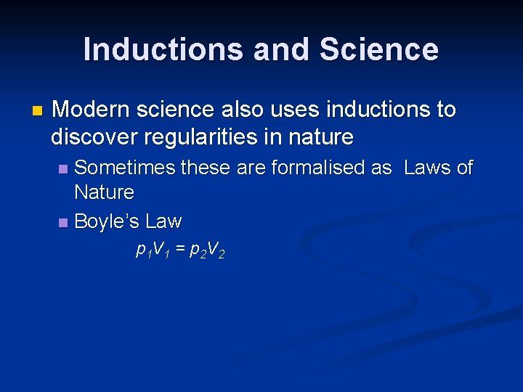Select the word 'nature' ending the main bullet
click(x=321, y=136)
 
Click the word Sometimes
click(x=126, y=168)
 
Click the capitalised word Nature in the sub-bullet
click(x=104, y=192)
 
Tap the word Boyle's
click(x=107, y=221)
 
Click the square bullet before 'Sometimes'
click(x=64, y=169)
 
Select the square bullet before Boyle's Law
click(x=64, y=222)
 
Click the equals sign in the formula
click(x=179, y=250)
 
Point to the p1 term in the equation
click(x=142, y=251)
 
